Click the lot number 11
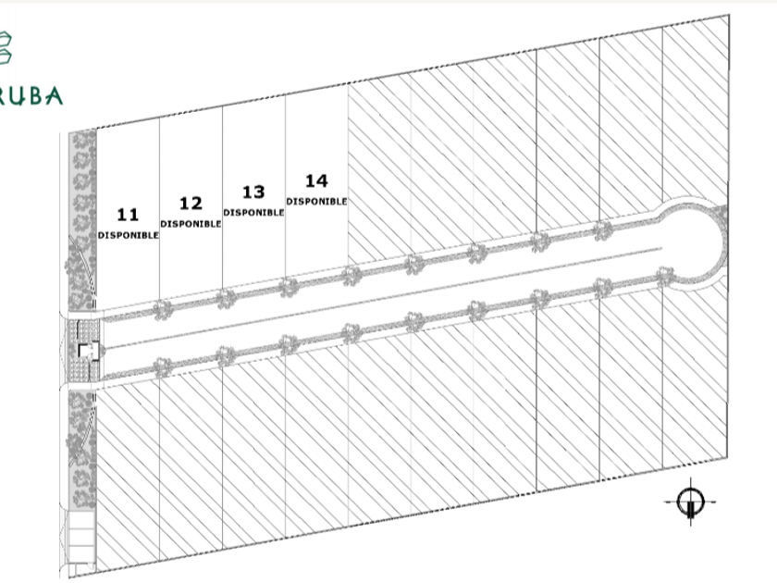tap(128, 215)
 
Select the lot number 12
tap(191, 204)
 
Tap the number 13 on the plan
tap(253, 192)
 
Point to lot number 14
tap(316, 181)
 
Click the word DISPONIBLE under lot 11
tap(128, 235)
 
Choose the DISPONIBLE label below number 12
tap(191, 224)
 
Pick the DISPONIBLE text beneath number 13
tap(253, 213)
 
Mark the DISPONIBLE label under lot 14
tap(316, 202)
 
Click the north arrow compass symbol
tap(691, 502)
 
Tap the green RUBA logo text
tap(31, 95)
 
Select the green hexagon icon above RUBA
tap(5, 47)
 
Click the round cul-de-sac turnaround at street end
tap(691, 244)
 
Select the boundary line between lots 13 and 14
tap(286, 187)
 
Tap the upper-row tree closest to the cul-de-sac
tap(603, 231)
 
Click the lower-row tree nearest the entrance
tap(162, 368)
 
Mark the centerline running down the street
tap(384, 298)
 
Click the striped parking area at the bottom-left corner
tap(80, 538)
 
